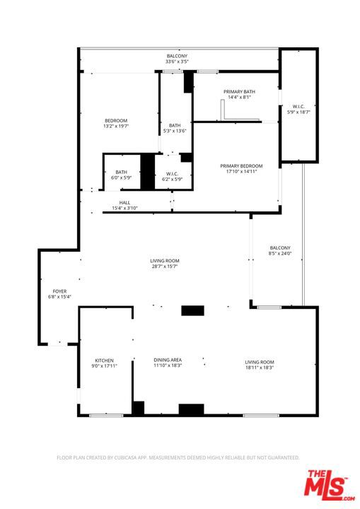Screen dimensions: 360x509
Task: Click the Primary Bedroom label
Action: [x=241, y=166]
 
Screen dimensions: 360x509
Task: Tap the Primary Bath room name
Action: [x=240, y=92]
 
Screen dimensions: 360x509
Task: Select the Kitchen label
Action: [x=104, y=361]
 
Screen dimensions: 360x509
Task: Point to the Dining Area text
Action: [x=168, y=360]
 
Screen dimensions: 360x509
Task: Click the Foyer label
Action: [x=60, y=291]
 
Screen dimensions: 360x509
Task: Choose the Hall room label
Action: [x=124, y=203]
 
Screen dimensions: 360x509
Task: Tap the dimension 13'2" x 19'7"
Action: [x=116, y=126]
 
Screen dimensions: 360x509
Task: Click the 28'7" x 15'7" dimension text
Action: [x=165, y=267]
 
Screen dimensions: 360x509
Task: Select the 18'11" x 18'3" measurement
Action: [x=260, y=368]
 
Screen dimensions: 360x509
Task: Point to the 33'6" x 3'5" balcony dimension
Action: [x=177, y=62]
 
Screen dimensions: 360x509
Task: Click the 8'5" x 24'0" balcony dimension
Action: [x=280, y=253]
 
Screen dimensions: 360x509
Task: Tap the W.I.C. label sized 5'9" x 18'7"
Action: [x=298, y=107]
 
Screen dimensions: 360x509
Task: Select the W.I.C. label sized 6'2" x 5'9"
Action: [x=172, y=174]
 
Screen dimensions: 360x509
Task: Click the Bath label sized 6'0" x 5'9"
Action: [x=121, y=172]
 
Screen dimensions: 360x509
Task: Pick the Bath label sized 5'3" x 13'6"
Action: [x=175, y=125]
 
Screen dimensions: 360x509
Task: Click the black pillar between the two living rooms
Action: [x=192, y=310]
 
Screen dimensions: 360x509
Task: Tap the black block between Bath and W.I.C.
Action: [x=148, y=172]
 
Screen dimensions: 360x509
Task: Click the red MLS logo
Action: [x=329, y=486]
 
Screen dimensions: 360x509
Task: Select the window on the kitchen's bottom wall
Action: [x=106, y=416]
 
